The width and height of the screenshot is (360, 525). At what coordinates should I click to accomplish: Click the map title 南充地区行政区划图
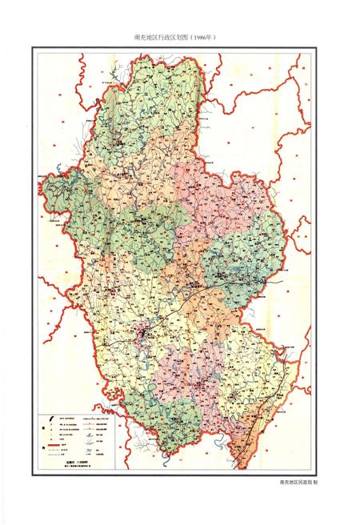[165, 38]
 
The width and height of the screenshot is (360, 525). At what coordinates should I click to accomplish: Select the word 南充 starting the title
[141, 38]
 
